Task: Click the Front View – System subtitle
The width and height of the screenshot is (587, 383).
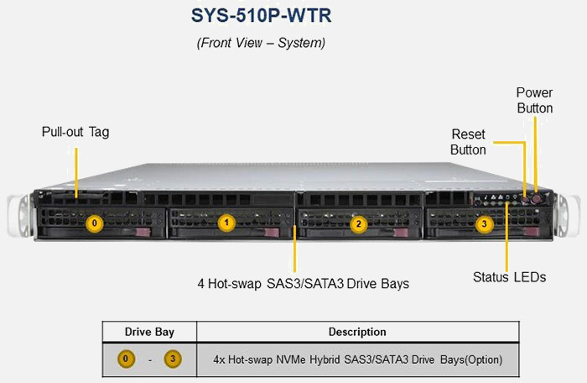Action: tap(261, 42)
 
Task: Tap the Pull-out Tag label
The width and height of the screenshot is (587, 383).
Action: tap(75, 132)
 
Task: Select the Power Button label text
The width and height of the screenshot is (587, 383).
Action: tap(534, 100)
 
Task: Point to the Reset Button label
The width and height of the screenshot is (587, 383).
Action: tap(468, 142)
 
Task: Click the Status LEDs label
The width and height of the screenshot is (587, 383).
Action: tap(509, 276)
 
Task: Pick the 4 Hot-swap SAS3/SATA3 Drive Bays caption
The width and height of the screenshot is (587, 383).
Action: tap(303, 283)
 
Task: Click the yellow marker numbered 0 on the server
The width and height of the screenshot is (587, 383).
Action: tap(95, 223)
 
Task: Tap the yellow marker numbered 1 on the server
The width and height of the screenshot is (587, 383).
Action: tap(226, 223)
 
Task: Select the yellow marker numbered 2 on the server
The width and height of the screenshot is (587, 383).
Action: tap(358, 223)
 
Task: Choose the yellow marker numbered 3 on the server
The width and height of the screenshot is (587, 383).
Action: tap(483, 223)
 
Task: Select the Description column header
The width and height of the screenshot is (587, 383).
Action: tap(357, 332)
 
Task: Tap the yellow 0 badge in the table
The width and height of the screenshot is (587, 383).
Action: tap(126, 359)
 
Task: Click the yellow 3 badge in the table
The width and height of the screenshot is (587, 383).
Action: tap(173, 359)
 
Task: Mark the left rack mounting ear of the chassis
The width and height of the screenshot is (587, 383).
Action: tap(15, 217)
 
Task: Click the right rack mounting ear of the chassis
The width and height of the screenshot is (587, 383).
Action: tap(572, 217)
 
